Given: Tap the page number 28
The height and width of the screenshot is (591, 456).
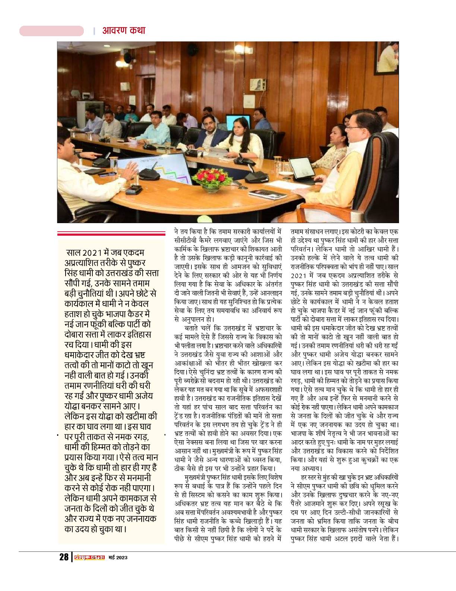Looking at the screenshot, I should pyautogui.click(x=64, y=557).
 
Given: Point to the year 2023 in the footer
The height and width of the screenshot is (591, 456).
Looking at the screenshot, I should pyautogui.click(x=121, y=558).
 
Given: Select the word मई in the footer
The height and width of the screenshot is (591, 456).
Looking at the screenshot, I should pyautogui.click(x=111, y=558).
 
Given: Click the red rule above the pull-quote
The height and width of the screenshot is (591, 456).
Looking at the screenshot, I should pyautogui.click(x=111, y=234).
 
